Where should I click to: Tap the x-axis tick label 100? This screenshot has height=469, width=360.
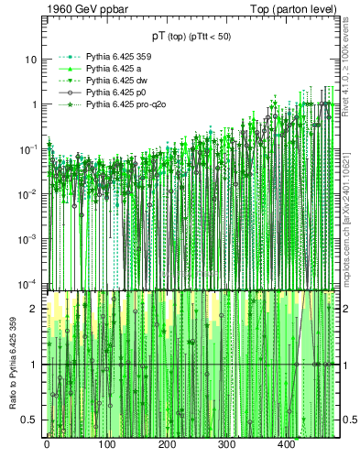pos(107,445)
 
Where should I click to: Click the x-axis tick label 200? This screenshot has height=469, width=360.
pos(167,445)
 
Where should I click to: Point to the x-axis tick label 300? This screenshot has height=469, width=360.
pos(226,445)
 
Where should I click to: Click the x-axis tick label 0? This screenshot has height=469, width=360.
pos(48,445)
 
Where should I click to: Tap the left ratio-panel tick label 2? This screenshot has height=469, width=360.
pos(34,309)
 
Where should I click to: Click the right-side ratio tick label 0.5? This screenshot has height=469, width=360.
pos(349,420)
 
